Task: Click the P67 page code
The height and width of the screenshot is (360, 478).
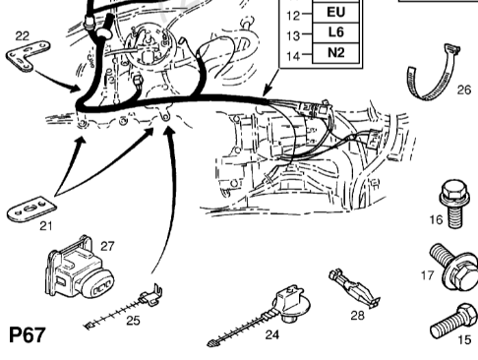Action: (27, 335)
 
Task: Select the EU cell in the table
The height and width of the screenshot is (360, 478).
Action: (336, 13)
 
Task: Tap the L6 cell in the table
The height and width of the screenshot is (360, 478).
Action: (336, 32)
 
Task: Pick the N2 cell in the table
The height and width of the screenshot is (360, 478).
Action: (336, 52)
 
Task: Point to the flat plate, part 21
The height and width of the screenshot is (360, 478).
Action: (31, 209)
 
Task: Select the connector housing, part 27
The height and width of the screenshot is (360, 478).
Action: (79, 269)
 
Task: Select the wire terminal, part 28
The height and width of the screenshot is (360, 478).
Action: (354, 288)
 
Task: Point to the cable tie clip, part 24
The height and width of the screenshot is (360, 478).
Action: (263, 315)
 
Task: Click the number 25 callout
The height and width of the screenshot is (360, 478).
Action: (133, 321)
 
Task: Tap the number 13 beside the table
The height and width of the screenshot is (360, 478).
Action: (293, 35)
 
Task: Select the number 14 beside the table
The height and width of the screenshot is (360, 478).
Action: (293, 56)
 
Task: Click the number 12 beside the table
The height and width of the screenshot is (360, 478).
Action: (293, 15)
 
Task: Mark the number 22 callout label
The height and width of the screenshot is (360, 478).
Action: (23, 35)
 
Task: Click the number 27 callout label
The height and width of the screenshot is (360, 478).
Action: (107, 246)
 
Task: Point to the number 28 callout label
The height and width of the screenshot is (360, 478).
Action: (357, 316)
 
